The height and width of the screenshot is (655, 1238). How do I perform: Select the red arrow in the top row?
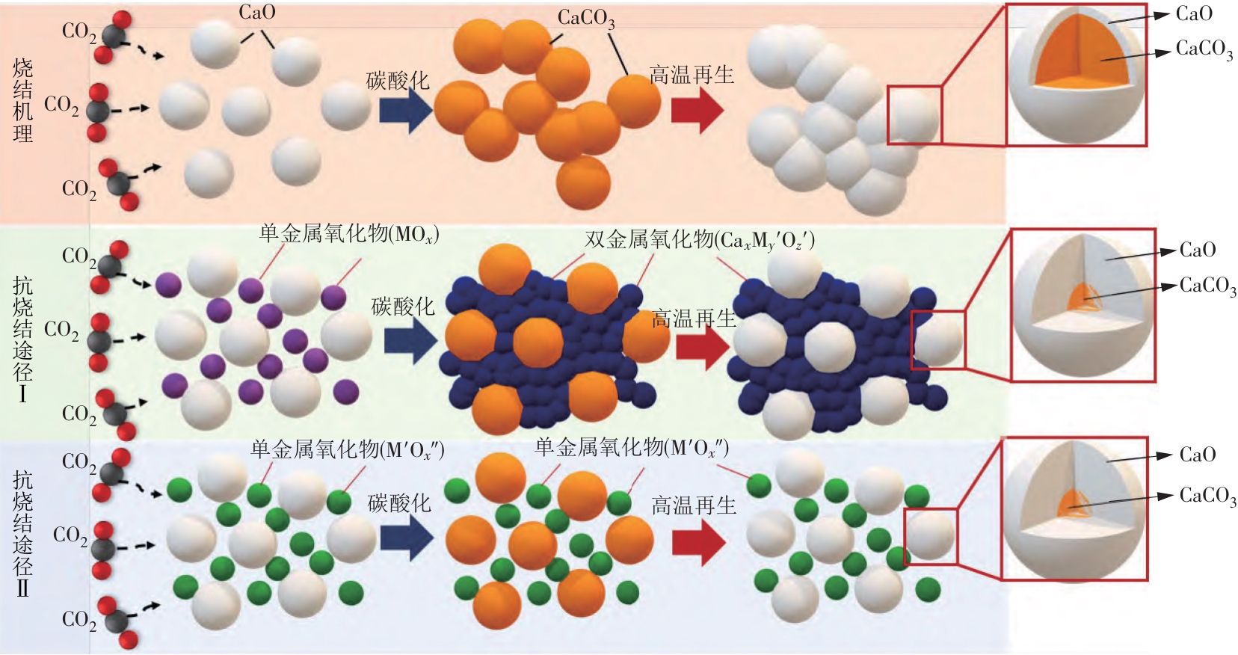[697, 110]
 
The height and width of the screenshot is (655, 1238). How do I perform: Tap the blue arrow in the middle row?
[410, 341]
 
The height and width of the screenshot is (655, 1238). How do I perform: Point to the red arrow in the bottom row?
[698, 541]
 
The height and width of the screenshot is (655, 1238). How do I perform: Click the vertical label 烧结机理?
[23, 101]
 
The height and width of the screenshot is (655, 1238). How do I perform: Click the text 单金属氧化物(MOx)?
[349, 234]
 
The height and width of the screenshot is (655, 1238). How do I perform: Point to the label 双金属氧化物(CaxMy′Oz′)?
[699, 240]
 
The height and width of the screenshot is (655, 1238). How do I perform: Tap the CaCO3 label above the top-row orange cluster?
[586, 19]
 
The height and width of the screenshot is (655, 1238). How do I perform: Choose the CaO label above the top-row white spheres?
[257, 13]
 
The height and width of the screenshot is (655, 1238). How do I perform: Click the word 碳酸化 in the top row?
[398, 81]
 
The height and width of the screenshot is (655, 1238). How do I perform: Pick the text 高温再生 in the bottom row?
[694, 506]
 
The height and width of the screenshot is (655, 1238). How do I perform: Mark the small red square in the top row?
[914, 114]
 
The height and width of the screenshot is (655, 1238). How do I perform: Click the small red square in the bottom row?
[931, 536]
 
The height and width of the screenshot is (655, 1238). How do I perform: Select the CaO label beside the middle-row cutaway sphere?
[1198, 250]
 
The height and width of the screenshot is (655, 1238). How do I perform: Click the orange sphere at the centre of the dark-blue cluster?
[538, 342]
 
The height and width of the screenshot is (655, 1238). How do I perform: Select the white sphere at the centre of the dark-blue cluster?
[830, 345]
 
